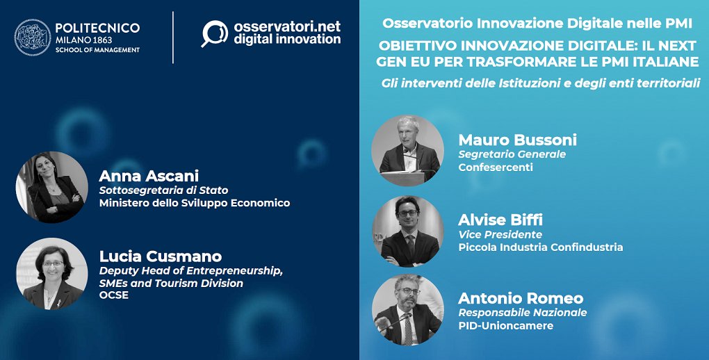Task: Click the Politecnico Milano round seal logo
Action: pyautogui.click(x=33, y=38)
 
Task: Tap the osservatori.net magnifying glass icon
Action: pyautogui.click(x=214, y=34)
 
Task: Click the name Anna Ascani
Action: pyautogui.click(x=149, y=176)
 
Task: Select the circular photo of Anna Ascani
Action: pyautogui.click(x=52, y=187)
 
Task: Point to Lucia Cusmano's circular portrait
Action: pyautogui.click(x=52, y=274)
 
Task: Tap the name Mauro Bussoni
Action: pyautogui.click(x=518, y=140)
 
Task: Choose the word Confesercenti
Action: pyautogui.click(x=496, y=167)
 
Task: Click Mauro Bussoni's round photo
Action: pyautogui.click(x=408, y=151)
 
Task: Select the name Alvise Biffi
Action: pyautogui.click(x=500, y=220)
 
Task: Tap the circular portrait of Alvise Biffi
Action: pyautogui.click(x=408, y=231)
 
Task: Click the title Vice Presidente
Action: pyautogui.click(x=500, y=235)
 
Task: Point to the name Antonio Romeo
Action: pyautogui.click(x=521, y=298)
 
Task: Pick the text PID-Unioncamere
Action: pyautogui.click(x=506, y=326)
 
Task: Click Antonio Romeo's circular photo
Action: pyautogui.click(x=408, y=310)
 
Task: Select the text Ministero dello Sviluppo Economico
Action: pyautogui.click(x=195, y=203)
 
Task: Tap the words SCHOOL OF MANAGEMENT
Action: pyautogui.click(x=98, y=50)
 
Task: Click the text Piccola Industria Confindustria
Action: pyautogui.click(x=541, y=247)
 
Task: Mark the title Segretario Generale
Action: pyautogui.click(x=512, y=155)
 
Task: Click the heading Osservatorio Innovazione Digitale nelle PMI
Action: pyautogui.click(x=537, y=24)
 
